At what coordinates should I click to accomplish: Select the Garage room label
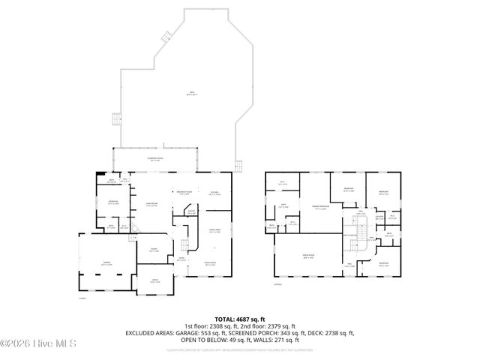(106, 262)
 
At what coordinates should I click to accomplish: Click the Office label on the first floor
(154, 280)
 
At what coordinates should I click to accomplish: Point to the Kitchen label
(214, 193)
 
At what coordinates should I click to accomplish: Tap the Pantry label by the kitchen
(191, 212)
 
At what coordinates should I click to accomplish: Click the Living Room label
(150, 204)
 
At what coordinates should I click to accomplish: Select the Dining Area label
(214, 231)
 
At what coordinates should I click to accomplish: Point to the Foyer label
(153, 250)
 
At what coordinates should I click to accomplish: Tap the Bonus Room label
(308, 256)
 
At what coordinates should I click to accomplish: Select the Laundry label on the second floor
(379, 217)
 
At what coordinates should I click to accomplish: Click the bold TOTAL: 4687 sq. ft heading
(239, 319)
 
